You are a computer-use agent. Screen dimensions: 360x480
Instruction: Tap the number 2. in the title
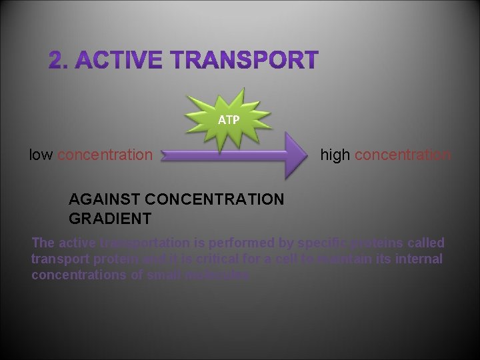58,61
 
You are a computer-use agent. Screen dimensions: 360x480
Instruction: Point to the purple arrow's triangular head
296,155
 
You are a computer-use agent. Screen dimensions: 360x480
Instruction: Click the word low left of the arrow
41,155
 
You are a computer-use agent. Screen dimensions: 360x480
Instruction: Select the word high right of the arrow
335,155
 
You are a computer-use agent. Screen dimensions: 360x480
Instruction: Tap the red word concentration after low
105,155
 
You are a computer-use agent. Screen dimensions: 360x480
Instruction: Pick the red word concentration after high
403,155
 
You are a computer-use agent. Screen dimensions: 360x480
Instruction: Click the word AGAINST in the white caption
104,199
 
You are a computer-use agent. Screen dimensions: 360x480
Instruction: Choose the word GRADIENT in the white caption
110,218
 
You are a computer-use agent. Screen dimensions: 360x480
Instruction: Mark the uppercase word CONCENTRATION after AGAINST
214,199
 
